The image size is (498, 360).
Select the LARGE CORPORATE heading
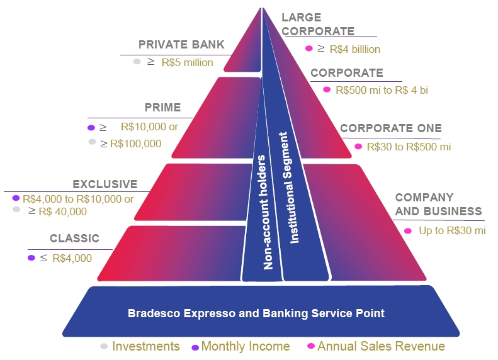318,25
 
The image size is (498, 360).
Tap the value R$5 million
187,62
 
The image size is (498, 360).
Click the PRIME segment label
162,108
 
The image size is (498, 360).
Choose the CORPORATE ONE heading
391,128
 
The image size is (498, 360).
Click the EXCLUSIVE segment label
105,184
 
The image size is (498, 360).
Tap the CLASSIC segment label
75,239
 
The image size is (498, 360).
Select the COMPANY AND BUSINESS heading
438,205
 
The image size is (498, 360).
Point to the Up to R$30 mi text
452,230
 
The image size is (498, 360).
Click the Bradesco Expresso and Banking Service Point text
256,313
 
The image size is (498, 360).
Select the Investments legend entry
145,346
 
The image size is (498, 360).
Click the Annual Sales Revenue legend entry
381,346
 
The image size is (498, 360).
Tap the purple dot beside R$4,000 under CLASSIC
31,257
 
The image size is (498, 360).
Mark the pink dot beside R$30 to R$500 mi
358,147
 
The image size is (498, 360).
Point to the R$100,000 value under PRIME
135,143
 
